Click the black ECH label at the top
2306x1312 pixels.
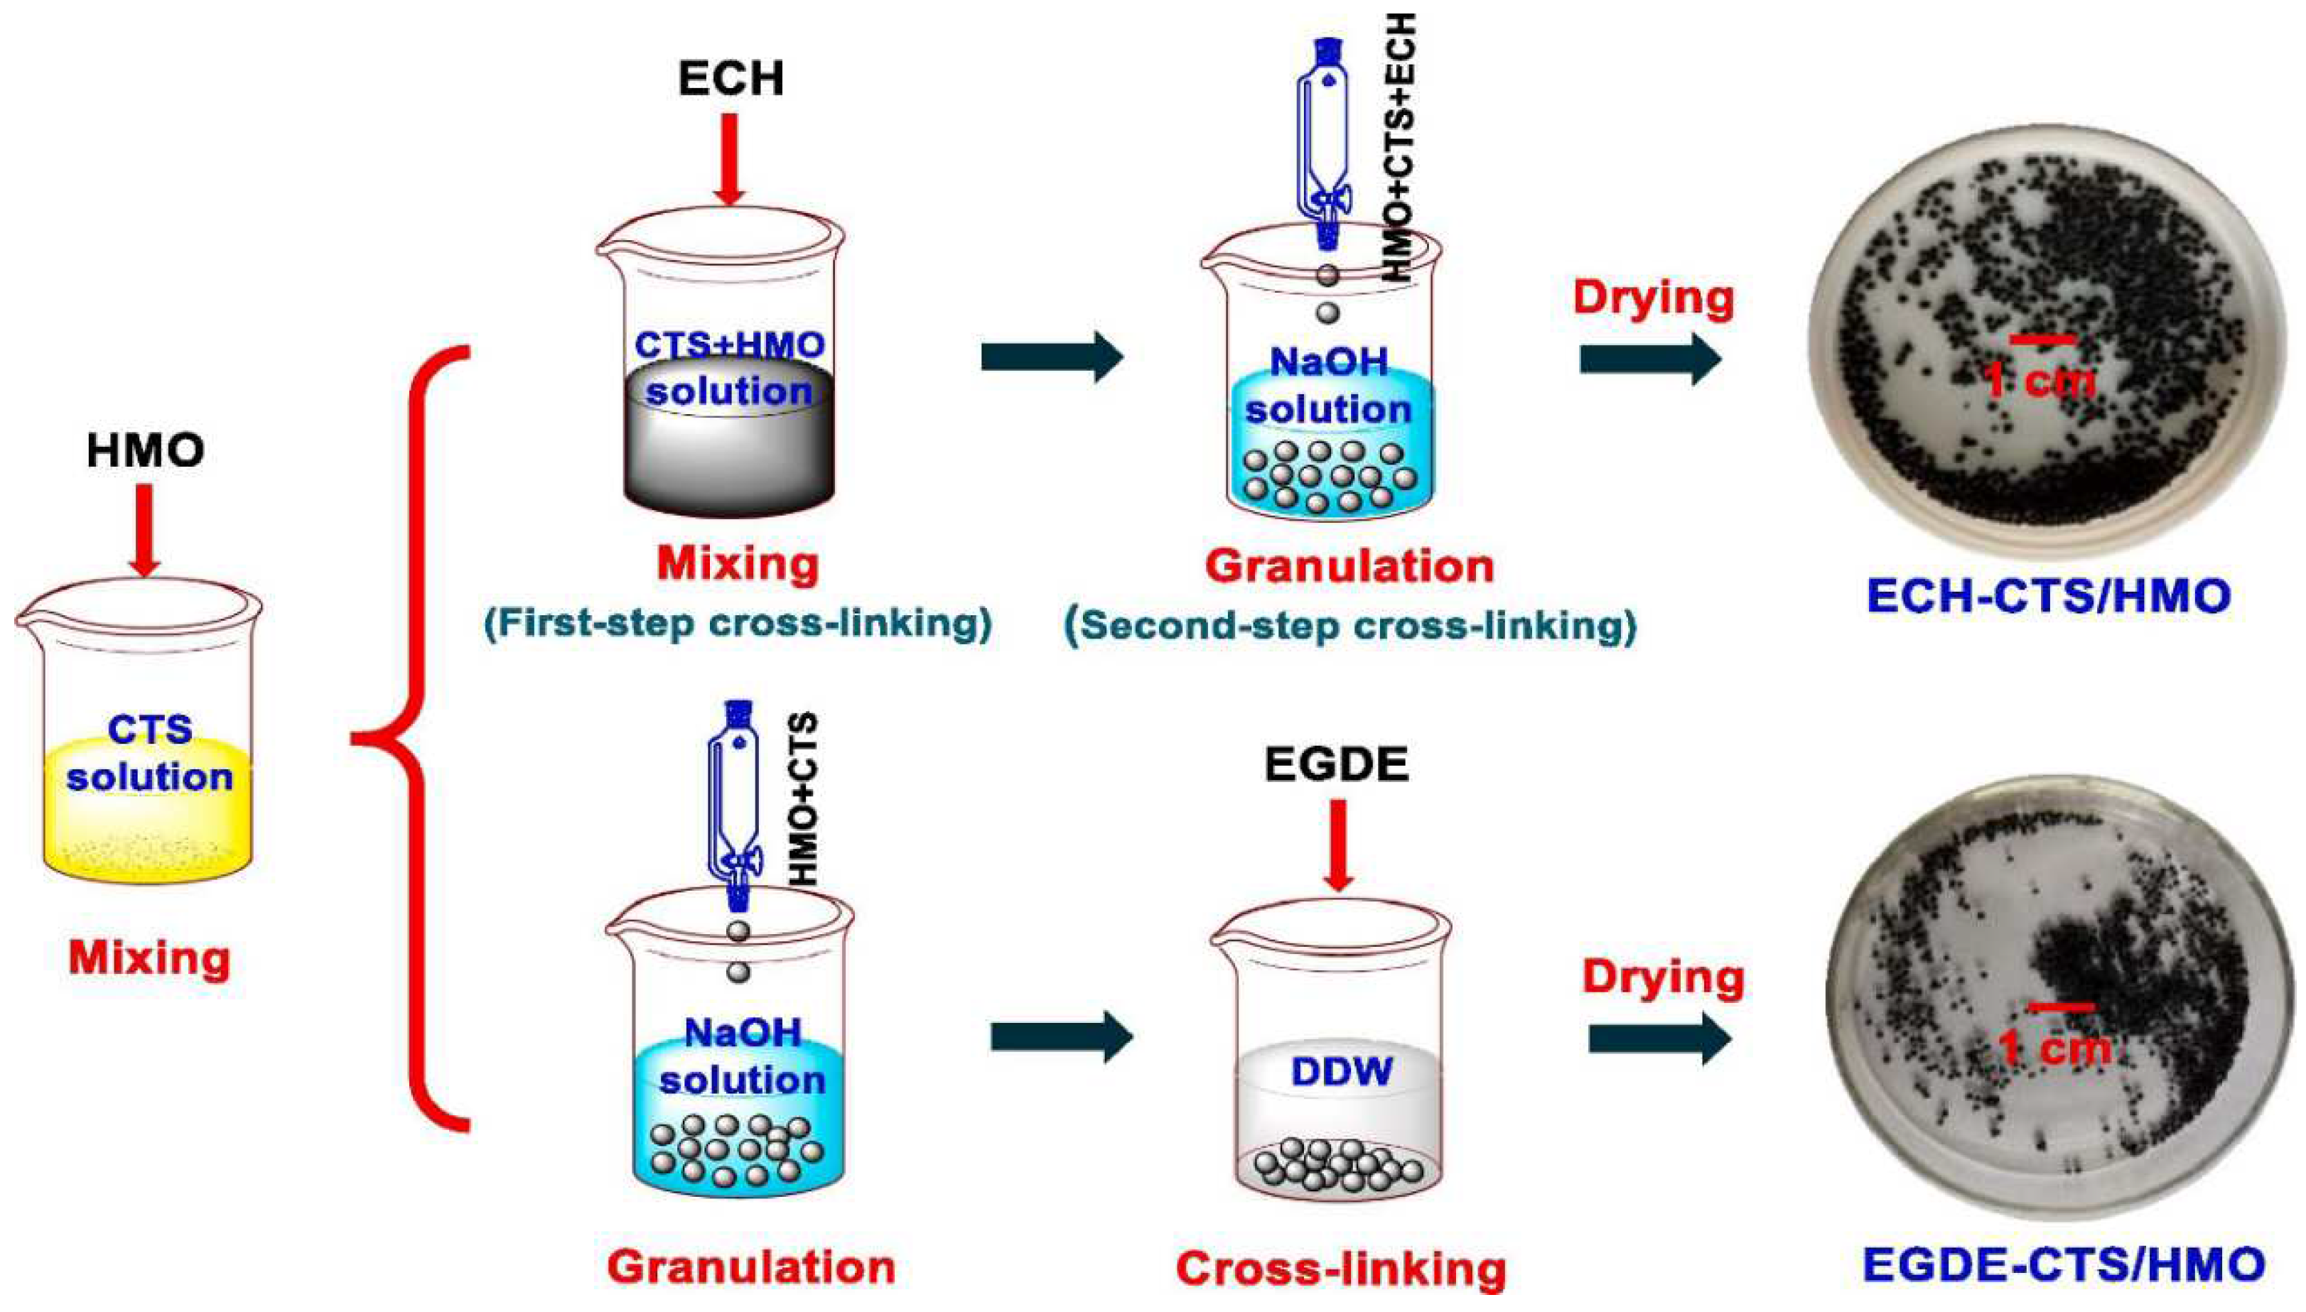click(x=731, y=80)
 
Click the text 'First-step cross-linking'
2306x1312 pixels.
click(x=738, y=624)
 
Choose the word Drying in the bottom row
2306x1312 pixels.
click(x=1664, y=977)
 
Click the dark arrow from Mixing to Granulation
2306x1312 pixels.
click(x=1052, y=357)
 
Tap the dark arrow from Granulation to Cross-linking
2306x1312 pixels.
click(x=1061, y=1036)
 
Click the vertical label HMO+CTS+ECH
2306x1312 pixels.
click(x=1399, y=148)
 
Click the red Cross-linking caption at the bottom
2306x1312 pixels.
click(x=1340, y=1269)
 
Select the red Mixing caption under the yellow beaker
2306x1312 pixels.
click(x=150, y=958)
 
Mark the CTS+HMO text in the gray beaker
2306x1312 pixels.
click(x=729, y=345)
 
